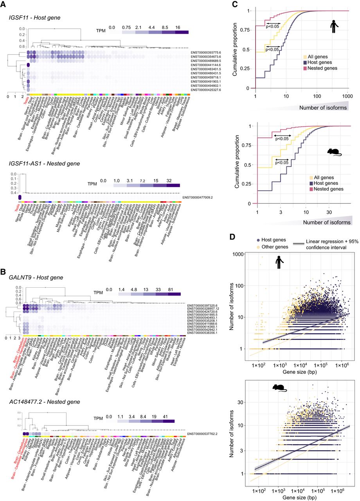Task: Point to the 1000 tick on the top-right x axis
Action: [347, 95]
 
